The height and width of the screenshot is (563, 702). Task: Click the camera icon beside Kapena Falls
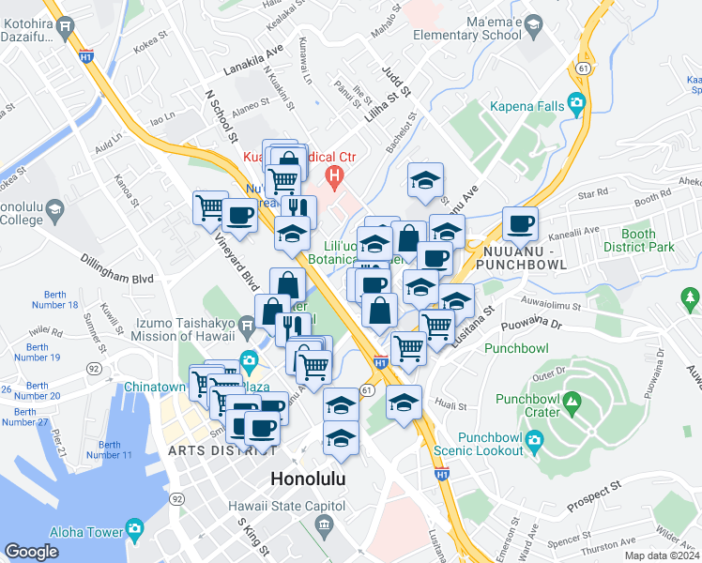pos(576,103)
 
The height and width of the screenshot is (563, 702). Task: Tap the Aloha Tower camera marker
pos(134,529)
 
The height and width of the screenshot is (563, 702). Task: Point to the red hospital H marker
pos(332,175)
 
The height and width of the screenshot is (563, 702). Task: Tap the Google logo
pos(31,552)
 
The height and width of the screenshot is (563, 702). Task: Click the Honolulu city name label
pos(308,479)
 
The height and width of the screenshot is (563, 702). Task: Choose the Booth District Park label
pos(648,241)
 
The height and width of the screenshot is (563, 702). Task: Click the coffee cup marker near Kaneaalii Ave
pos(520,224)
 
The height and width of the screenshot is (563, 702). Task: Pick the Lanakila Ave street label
pos(253,60)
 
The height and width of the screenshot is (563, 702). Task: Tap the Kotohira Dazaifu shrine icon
pos(66,27)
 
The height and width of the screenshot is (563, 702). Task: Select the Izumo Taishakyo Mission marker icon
pos(246,328)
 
